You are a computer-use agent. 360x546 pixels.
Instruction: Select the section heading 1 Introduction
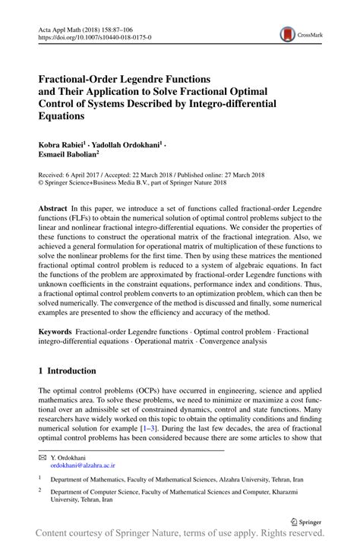pyautogui.click(x=68, y=371)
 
